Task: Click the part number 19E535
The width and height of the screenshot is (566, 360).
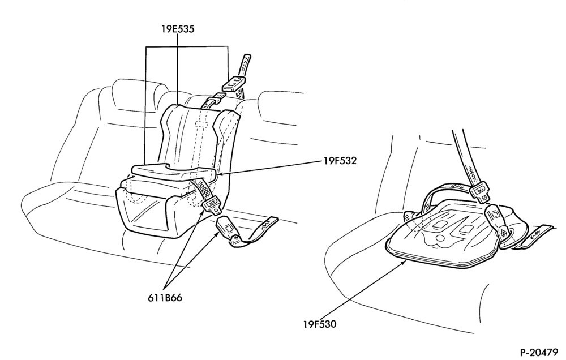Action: tap(178, 29)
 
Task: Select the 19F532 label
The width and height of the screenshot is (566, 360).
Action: tap(340, 161)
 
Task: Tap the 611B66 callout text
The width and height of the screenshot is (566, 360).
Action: tap(165, 298)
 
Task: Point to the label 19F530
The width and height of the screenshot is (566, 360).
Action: tap(319, 324)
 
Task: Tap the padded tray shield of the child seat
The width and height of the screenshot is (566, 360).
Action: tap(175, 172)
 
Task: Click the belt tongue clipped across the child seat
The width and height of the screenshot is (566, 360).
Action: tap(213, 205)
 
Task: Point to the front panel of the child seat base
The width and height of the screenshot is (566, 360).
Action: tap(144, 213)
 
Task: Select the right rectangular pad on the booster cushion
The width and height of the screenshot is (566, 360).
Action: tap(466, 229)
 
